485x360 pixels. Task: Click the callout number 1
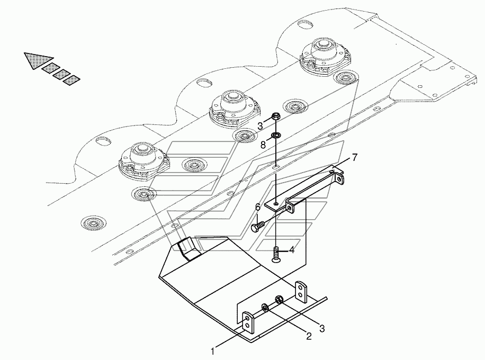(212, 352)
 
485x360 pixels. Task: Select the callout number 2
(309, 336)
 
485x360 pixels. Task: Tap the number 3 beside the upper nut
(260, 126)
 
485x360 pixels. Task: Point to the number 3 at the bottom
(322, 328)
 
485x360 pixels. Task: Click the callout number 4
(292, 250)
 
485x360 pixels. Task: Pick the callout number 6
(258, 207)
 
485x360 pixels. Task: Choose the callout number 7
(354, 158)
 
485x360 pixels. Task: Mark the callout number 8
(263, 145)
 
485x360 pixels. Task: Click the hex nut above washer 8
(276, 116)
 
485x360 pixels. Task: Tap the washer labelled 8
(275, 135)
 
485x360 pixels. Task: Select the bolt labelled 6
(257, 226)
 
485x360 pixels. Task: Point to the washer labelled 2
(265, 308)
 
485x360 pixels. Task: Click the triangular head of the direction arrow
(37, 60)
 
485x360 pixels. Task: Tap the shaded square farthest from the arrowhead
(71, 80)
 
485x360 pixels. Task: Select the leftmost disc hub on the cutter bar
(143, 160)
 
